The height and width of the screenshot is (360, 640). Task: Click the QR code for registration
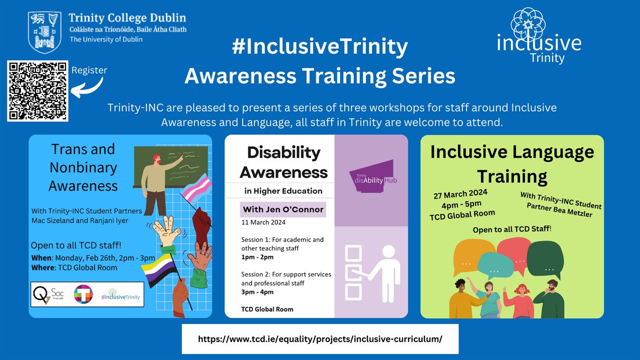37,91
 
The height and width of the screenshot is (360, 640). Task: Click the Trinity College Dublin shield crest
45,32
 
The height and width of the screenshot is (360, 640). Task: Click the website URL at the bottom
320,339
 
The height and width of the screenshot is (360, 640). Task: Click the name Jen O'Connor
283,209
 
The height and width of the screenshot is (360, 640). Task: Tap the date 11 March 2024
263,222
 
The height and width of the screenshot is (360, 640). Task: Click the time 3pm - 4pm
257,292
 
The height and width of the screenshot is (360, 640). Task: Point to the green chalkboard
171,166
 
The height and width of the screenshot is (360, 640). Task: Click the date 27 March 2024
460,194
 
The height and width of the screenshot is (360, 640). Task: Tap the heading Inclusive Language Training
512,164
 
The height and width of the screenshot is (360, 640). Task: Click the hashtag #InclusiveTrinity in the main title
320,47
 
